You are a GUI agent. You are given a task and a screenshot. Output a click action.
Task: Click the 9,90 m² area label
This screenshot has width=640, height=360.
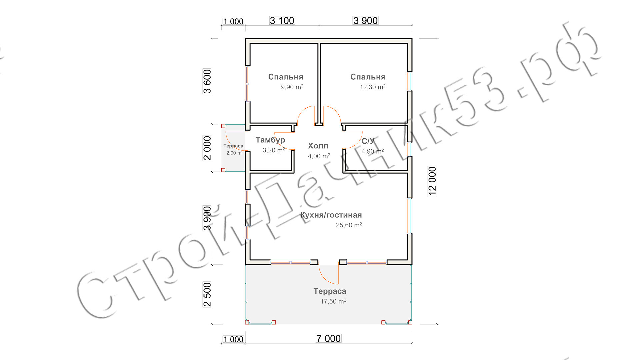pos(292,87)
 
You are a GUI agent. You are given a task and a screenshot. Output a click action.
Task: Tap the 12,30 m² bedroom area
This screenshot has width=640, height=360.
pos(373,87)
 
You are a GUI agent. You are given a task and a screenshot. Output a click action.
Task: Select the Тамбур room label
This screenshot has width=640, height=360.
pos(270,140)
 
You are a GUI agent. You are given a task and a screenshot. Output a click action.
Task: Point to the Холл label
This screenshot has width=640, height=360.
pos(318,146)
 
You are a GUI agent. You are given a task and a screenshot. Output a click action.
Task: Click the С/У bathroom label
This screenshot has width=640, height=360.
pos(368,141)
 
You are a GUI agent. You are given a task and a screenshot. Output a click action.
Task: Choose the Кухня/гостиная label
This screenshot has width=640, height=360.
pos(331,215)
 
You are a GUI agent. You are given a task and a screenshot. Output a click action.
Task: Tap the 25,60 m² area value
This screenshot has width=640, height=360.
pos(349,225)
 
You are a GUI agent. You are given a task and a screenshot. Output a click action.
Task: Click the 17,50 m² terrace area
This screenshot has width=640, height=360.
pos(333,302)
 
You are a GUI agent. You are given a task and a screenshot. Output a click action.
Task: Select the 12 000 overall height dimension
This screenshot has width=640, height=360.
pos(432,181)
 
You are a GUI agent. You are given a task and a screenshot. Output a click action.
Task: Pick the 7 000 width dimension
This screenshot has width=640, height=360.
pos(328,339)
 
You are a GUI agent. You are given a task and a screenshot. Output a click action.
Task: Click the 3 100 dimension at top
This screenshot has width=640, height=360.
pos(282,21)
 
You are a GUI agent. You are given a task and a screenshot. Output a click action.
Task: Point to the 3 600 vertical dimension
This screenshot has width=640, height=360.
pos(207,81)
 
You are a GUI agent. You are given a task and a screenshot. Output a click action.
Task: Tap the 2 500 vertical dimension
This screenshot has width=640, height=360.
pos(207,294)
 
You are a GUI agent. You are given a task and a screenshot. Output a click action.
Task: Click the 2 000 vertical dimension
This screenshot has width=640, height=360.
pos(207,148)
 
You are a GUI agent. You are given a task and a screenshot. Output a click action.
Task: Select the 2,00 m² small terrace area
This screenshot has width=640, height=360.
pos(235,153)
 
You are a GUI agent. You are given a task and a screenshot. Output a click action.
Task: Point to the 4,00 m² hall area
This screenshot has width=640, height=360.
pos(319,156)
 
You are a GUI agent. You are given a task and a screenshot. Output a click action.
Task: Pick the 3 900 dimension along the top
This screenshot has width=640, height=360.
pos(366,21)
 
